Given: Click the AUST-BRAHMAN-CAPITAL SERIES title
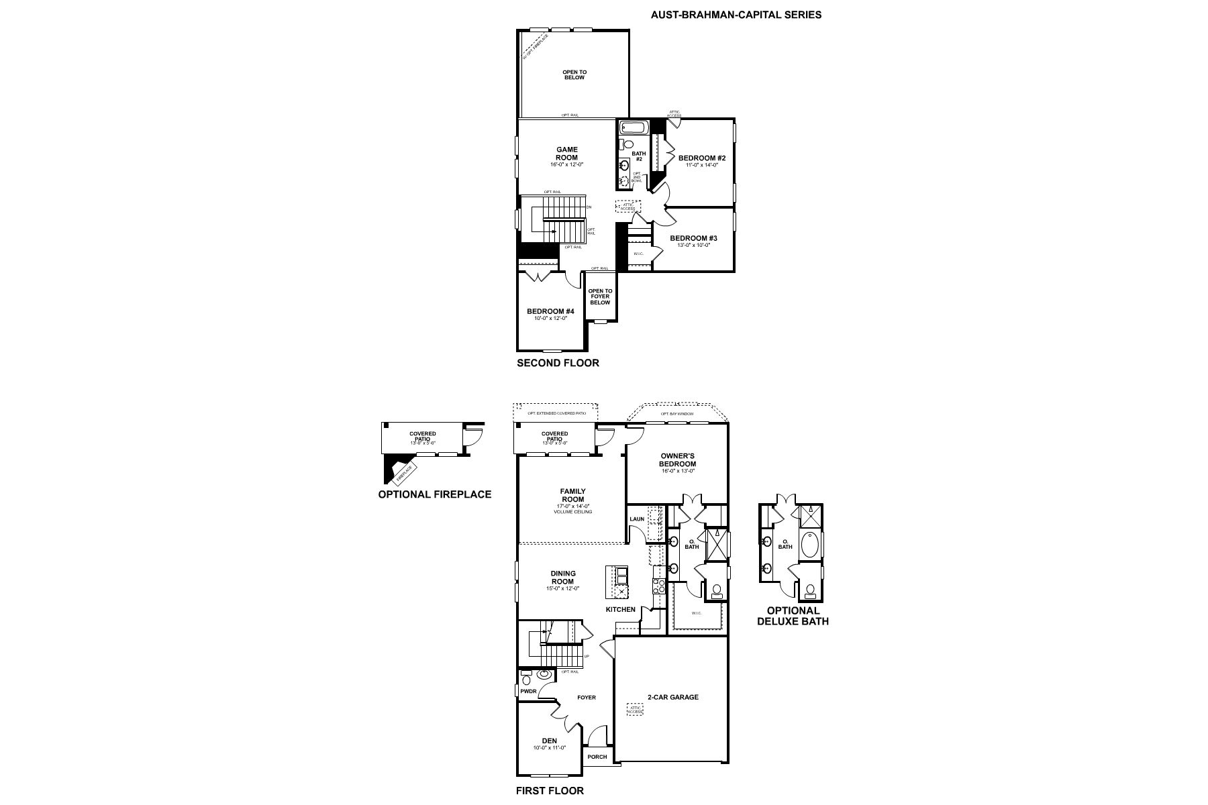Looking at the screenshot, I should click(x=736, y=14).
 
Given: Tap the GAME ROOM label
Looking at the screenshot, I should click(x=566, y=154).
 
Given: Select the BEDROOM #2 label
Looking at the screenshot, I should click(x=702, y=158).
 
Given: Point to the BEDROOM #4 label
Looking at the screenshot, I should click(x=550, y=311).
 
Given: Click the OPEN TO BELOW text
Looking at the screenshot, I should click(x=574, y=74).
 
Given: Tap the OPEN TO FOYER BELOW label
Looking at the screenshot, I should click(x=600, y=297).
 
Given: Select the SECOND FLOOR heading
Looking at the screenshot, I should click(x=558, y=363).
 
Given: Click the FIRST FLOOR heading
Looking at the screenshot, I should click(x=550, y=790).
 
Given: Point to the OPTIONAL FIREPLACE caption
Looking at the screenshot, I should click(x=434, y=494).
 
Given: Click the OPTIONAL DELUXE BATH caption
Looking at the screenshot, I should click(x=793, y=616).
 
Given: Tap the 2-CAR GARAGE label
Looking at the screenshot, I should click(x=672, y=697).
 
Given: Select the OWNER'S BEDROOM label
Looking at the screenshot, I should click(x=677, y=460).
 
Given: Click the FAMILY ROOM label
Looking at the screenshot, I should click(x=572, y=495).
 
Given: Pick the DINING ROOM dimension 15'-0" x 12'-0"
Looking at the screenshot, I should click(x=562, y=588).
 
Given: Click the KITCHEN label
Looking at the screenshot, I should click(x=620, y=609).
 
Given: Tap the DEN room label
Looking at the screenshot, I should click(x=550, y=741).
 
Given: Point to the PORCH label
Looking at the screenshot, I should click(x=597, y=757).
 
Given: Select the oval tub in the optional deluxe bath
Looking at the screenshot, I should click(x=811, y=545).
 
